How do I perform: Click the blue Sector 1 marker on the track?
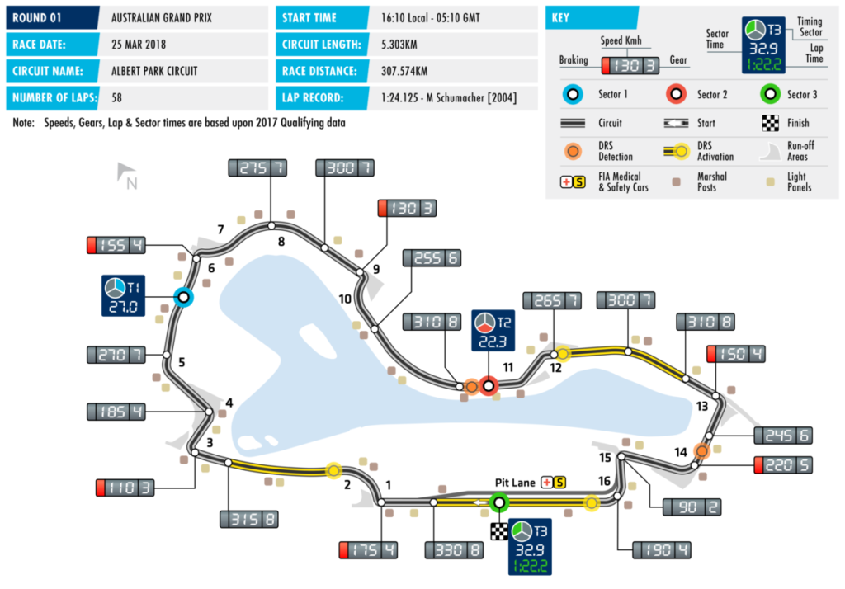click(183, 297)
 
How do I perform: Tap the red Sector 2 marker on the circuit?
click(489, 385)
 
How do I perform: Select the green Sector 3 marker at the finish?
click(498, 502)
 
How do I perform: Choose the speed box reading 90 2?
click(684, 507)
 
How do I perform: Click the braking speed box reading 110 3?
click(125, 488)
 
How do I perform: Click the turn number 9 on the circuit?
click(375, 269)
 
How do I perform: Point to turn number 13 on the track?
click(702, 406)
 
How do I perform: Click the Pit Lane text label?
click(515, 482)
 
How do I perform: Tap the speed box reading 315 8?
click(247, 519)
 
